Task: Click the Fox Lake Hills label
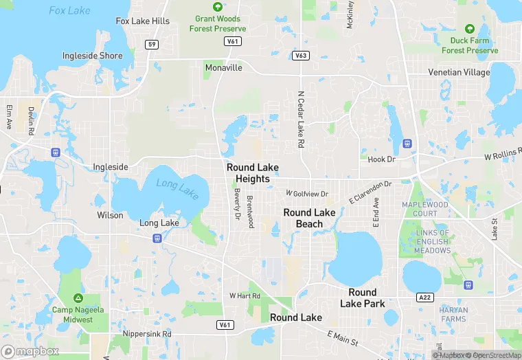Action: coord(143,21)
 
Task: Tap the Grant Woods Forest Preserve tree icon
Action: coord(218,7)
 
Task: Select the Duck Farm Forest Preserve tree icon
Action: coord(469,30)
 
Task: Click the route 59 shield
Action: coord(152,45)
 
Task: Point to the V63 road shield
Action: coord(299,55)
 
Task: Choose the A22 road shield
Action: coord(425,297)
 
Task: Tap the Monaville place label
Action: coord(224,68)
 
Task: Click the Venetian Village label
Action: coord(459,72)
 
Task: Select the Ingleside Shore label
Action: coord(92,56)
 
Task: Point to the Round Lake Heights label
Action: coord(253,173)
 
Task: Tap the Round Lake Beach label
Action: coord(309,218)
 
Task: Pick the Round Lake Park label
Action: coord(363,298)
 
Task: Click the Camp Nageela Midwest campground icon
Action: coord(78,298)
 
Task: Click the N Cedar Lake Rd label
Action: coord(300,120)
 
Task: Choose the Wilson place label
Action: coord(110,216)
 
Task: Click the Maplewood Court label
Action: coord(425,209)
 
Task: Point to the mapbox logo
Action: coord(31,351)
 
